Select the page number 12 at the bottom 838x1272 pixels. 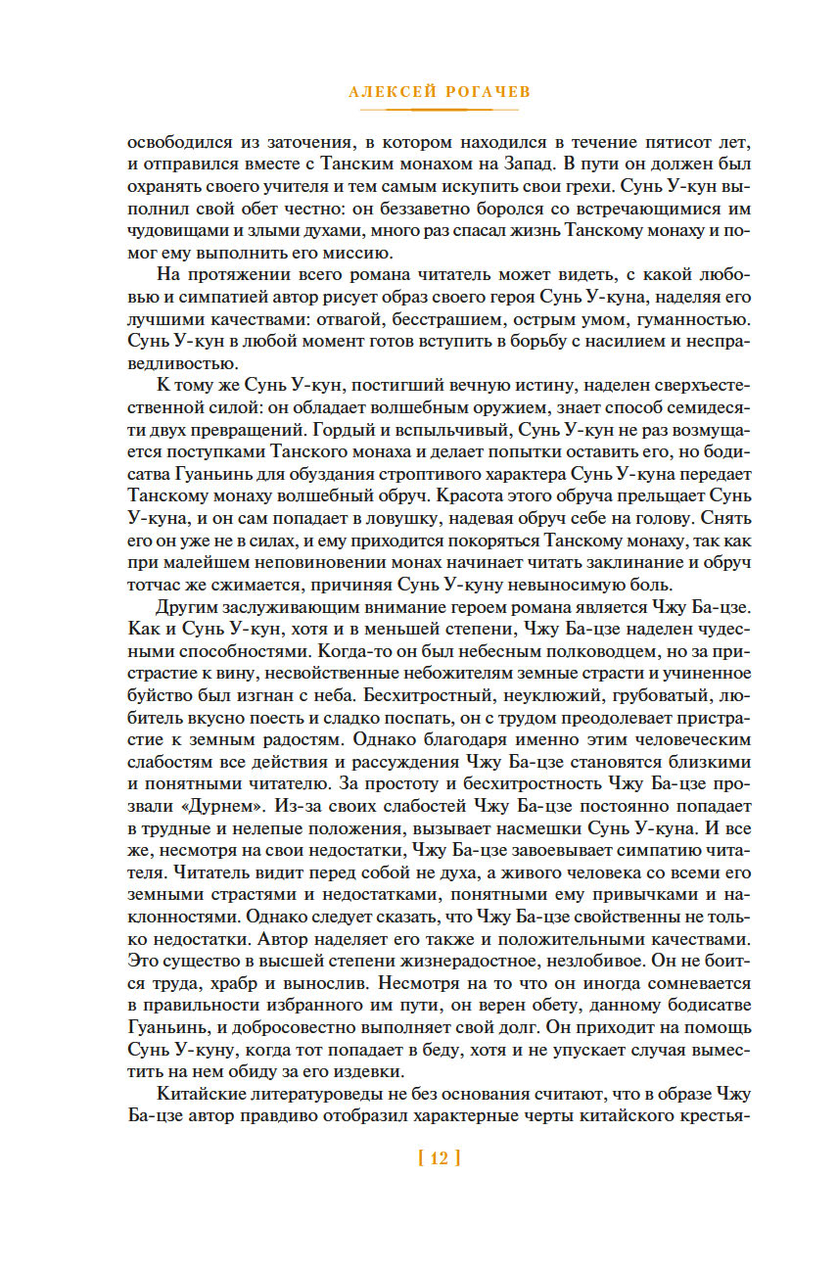[439, 1158]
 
